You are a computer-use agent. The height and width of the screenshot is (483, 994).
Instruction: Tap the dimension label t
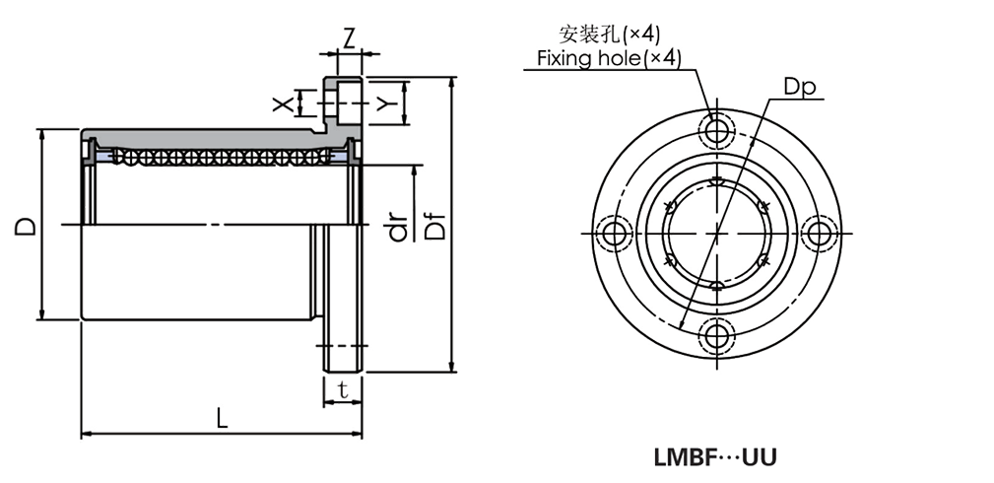(342, 389)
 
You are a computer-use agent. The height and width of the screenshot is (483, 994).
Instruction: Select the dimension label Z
(349, 39)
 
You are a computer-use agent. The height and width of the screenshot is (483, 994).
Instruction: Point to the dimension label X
(281, 103)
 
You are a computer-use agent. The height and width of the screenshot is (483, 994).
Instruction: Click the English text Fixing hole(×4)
(608, 58)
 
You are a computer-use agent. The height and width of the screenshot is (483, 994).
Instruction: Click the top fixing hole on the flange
(716, 130)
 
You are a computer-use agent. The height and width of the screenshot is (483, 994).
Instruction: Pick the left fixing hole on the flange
(615, 233)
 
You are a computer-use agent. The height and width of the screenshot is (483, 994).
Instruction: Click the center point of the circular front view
(716, 233)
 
